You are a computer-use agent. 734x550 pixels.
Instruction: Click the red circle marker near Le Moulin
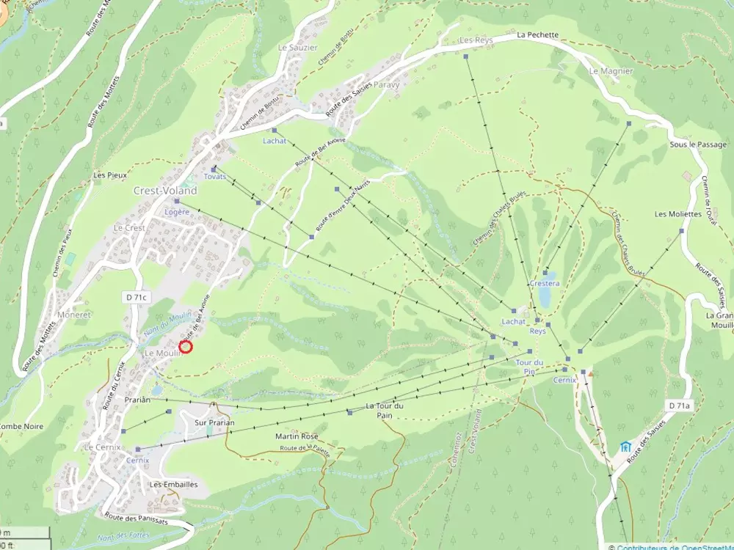[x=186, y=347]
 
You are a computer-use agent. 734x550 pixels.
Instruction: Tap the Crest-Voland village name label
[x=165, y=191]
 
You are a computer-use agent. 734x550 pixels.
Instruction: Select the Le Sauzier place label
[x=297, y=48]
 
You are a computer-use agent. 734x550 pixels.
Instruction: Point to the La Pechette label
[x=537, y=34]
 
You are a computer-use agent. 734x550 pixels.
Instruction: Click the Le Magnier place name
[x=606, y=71]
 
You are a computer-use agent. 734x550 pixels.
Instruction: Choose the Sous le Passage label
[x=697, y=144]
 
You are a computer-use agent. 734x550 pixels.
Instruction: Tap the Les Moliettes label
[x=678, y=214]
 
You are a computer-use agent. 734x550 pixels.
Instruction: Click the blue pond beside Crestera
[x=545, y=297]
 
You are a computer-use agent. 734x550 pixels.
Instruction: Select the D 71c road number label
[x=135, y=297]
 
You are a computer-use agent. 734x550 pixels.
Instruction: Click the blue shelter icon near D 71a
[x=625, y=447]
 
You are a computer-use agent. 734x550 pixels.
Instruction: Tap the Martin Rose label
[x=297, y=436]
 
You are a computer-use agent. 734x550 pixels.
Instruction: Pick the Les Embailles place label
[x=173, y=485]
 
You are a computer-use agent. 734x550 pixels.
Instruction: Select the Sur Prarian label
[x=214, y=423]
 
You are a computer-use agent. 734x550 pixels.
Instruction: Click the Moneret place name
[x=72, y=314]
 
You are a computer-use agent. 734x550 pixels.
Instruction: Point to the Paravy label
[x=386, y=84]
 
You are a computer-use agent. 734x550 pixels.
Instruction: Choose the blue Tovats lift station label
[x=214, y=177]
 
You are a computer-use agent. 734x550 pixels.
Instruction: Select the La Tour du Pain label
[x=385, y=411]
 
